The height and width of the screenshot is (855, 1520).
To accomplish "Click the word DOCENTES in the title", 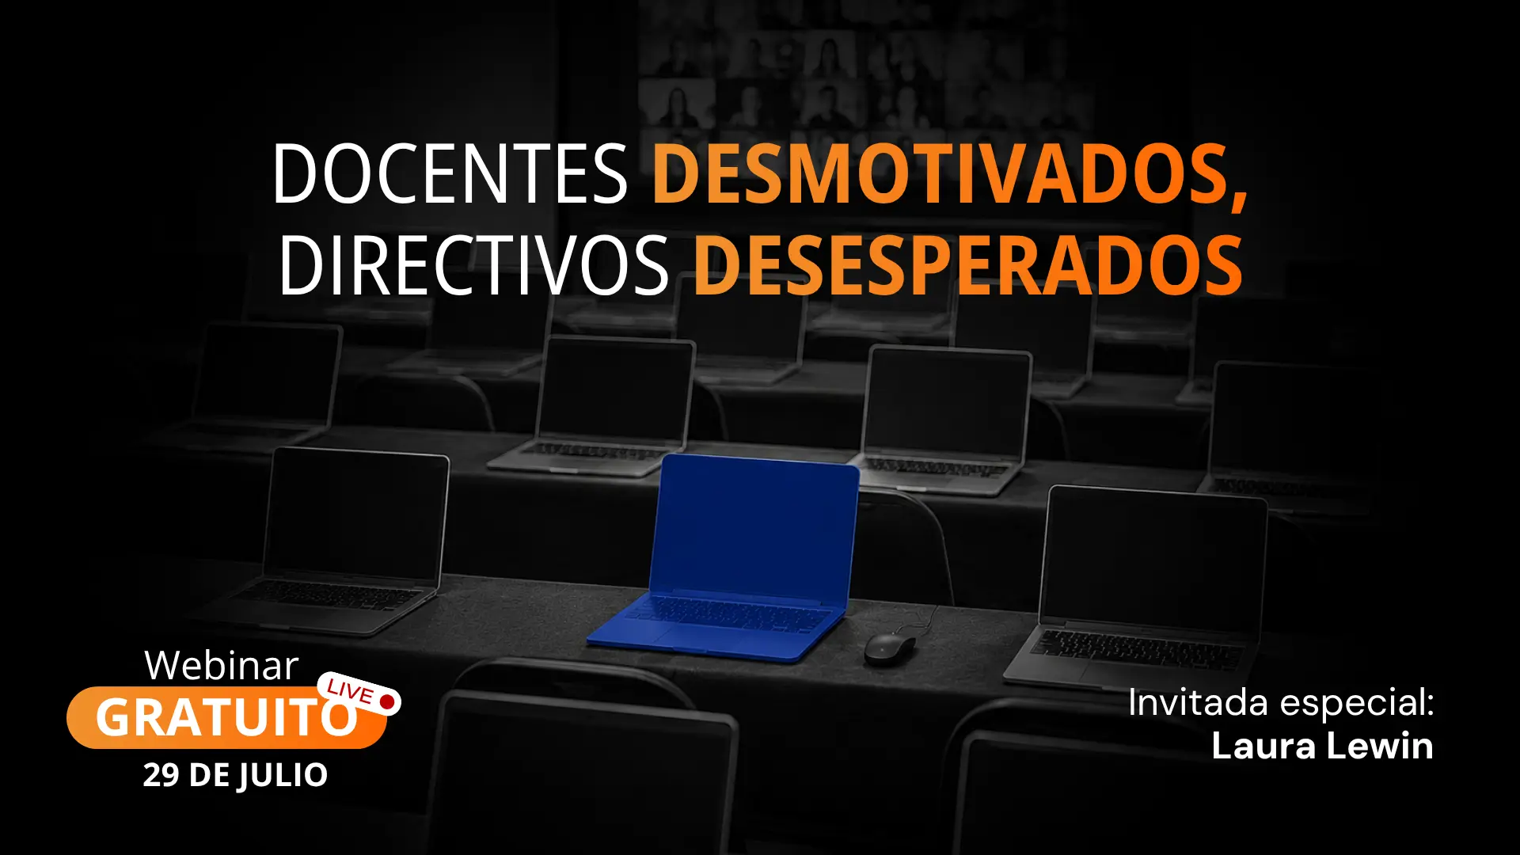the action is (450, 173).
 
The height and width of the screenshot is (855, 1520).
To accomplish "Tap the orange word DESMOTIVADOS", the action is (941, 173).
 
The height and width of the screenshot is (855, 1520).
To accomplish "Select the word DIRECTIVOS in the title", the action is (473, 265).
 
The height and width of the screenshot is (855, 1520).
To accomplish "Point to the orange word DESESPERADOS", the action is (967, 265).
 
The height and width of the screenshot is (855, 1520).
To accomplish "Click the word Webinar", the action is (222, 666).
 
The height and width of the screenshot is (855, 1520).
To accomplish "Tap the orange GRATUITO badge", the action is (226, 717).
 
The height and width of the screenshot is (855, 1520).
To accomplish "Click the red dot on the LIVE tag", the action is (387, 701).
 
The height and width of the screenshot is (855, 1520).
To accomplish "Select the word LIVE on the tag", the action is (350, 692).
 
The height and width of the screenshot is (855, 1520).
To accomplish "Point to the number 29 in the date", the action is (161, 775).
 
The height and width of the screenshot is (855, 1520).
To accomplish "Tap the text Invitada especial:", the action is (1281, 702).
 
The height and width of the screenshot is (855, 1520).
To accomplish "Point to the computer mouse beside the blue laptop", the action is (890, 648).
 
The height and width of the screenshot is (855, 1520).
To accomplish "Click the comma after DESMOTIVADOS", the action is (1239, 198).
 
